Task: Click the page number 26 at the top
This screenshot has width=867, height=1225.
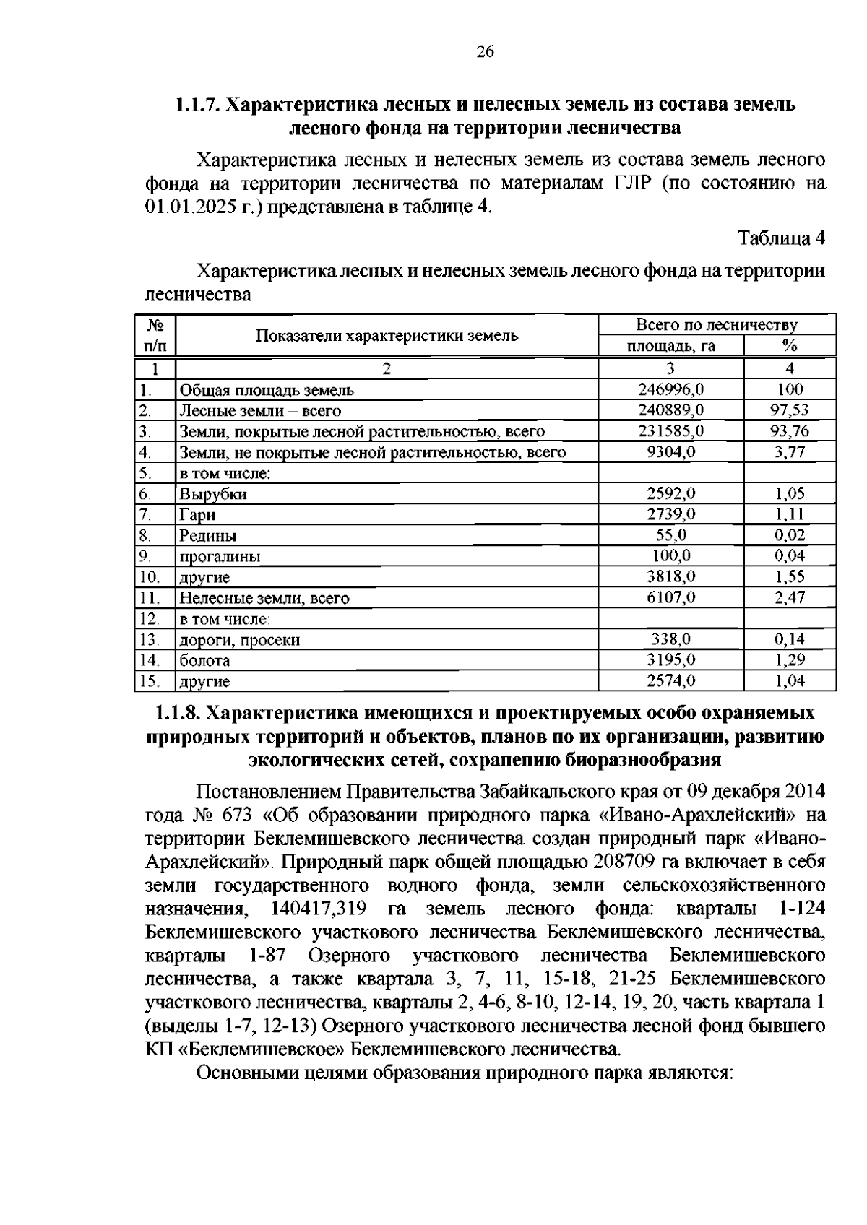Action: (x=485, y=51)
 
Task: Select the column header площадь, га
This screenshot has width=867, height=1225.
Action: (x=670, y=346)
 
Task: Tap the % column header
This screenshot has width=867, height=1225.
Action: (x=790, y=345)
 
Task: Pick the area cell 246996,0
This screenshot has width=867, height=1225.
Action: (x=670, y=390)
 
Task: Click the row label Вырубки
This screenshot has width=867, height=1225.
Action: (x=213, y=495)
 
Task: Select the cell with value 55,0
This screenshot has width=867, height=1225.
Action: (x=671, y=535)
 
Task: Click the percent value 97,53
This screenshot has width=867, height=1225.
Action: (x=790, y=411)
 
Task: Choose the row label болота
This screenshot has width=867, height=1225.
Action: (x=204, y=661)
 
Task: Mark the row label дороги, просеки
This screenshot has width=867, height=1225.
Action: (x=239, y=640)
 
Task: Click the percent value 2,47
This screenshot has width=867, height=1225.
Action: (x=790, y=598)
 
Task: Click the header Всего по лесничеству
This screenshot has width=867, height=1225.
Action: (x=717, y=325)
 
